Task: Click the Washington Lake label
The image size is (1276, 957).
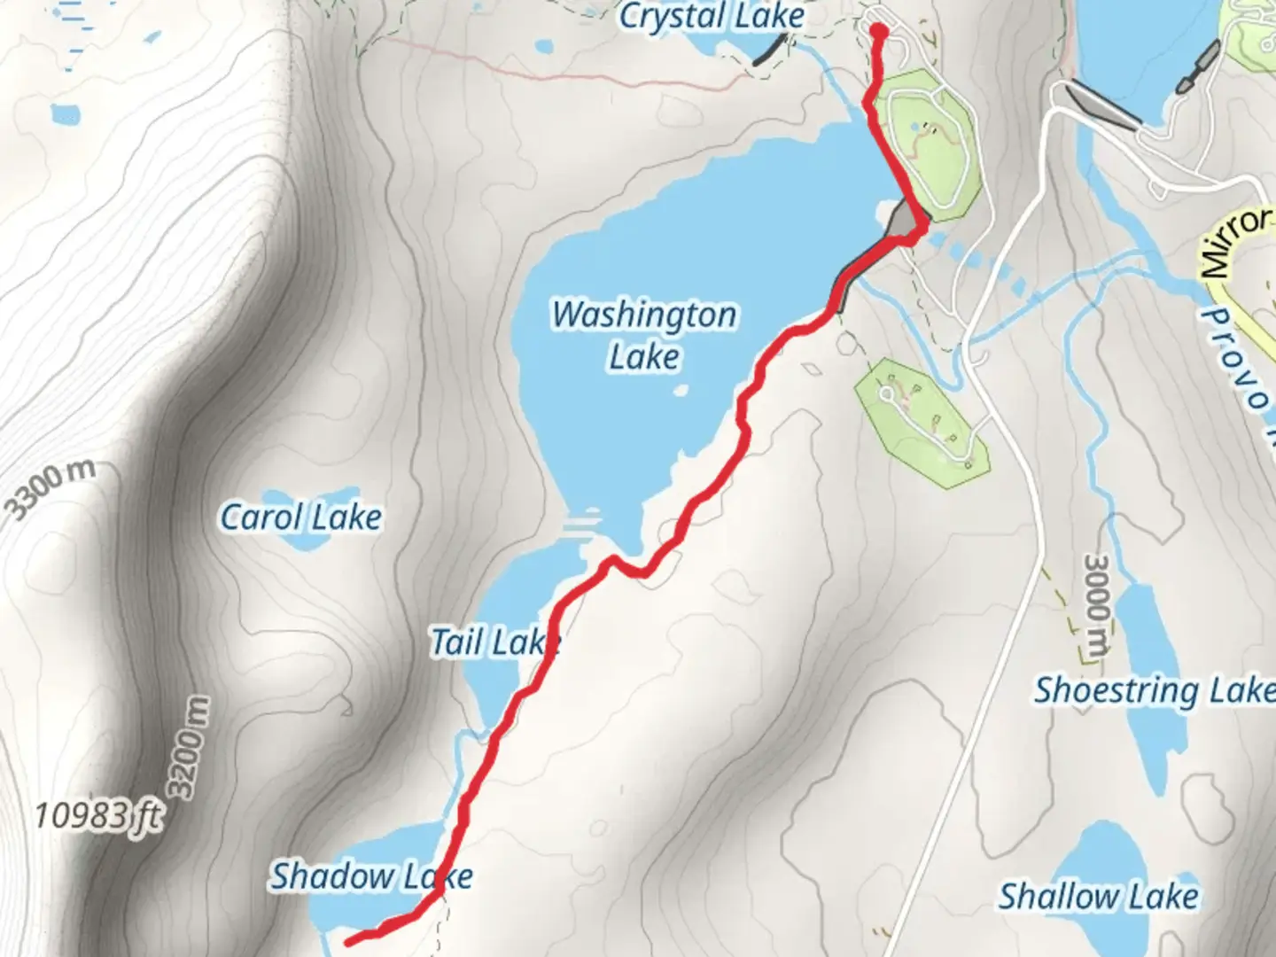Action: [644, 335]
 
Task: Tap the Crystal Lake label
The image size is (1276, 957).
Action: [712, 17]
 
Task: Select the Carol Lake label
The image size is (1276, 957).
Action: [300, 517]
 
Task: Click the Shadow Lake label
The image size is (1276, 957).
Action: [371, 876]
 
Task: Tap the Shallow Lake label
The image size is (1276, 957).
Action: [1099, 897]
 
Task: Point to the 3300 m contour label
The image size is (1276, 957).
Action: [49, 489]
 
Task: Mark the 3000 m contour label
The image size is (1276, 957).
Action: [1097, 608]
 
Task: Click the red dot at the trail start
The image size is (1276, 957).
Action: [878, 32]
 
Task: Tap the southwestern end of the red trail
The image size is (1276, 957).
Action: [348, 941]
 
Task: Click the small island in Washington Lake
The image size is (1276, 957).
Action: [681, 389]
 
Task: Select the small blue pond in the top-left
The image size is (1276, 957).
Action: [64, 113]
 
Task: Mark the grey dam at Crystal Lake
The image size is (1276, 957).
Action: [767, 51]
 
